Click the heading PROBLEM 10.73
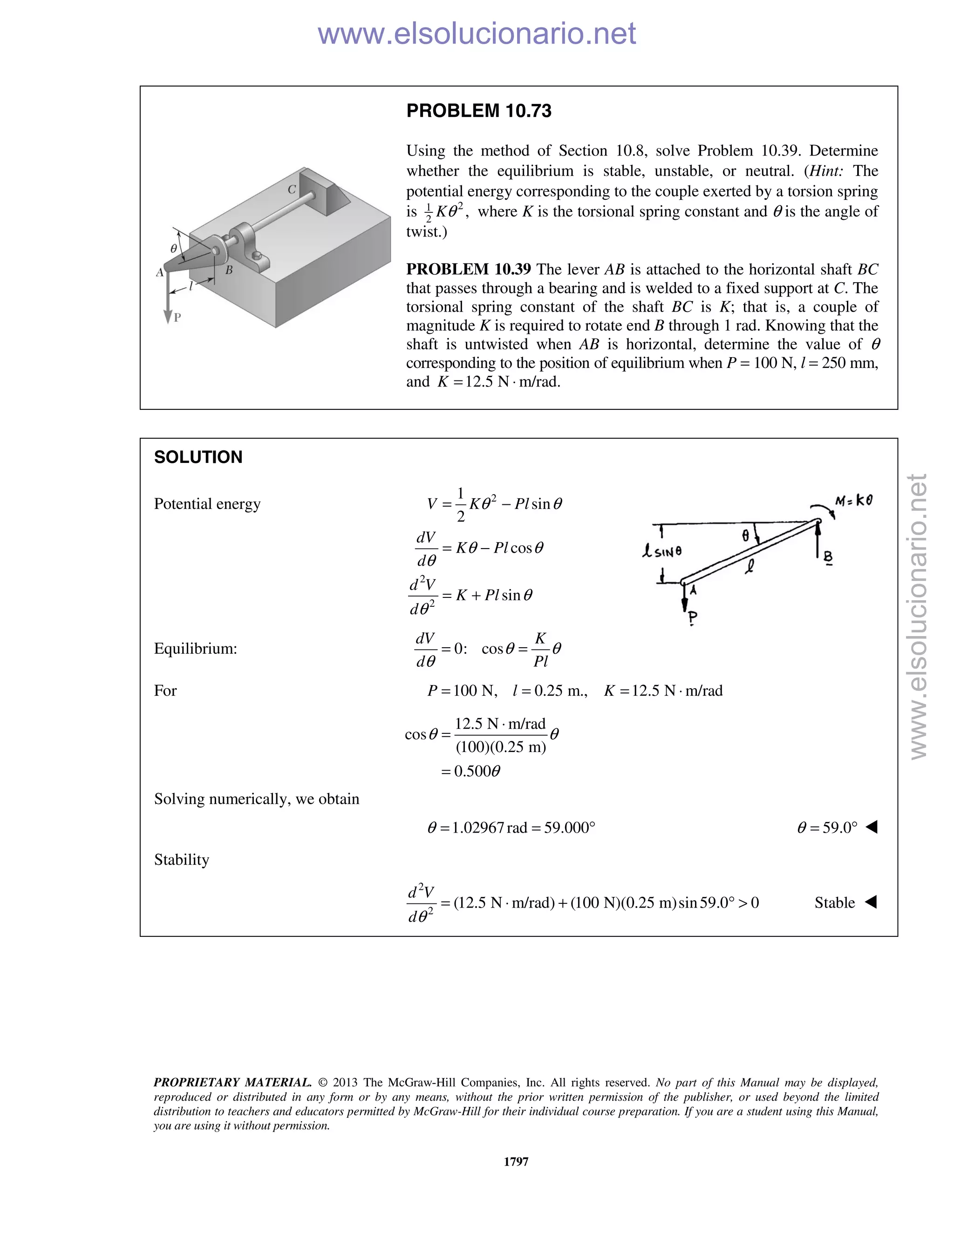(x=479, y=111)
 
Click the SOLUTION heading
(x=198, y=457)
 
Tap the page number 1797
(x=516, y=1161)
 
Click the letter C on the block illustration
(x=292, y=190)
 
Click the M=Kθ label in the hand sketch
(x=853, y=501)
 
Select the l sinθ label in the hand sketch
(x=662, y=551)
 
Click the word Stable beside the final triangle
(x=834, y=902)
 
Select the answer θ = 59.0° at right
(x=827, y=828)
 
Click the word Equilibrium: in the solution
(x=196, y=649)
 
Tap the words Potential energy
(x=207, y=504)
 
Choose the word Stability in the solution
(x=181, y=860)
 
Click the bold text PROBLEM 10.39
(x=469, y=269)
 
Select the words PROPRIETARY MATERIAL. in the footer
(x=232, y=1083)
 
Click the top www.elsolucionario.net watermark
(x=477, y=34)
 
